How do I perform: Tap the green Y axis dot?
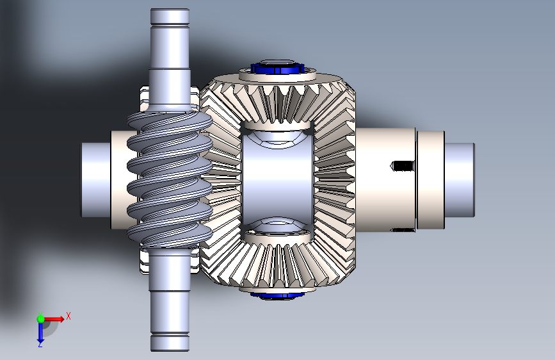40,319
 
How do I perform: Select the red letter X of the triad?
68,316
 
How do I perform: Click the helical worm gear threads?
170,179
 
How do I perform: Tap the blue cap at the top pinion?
278,67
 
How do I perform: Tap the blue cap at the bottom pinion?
277,296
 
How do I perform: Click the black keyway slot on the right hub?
403,165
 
